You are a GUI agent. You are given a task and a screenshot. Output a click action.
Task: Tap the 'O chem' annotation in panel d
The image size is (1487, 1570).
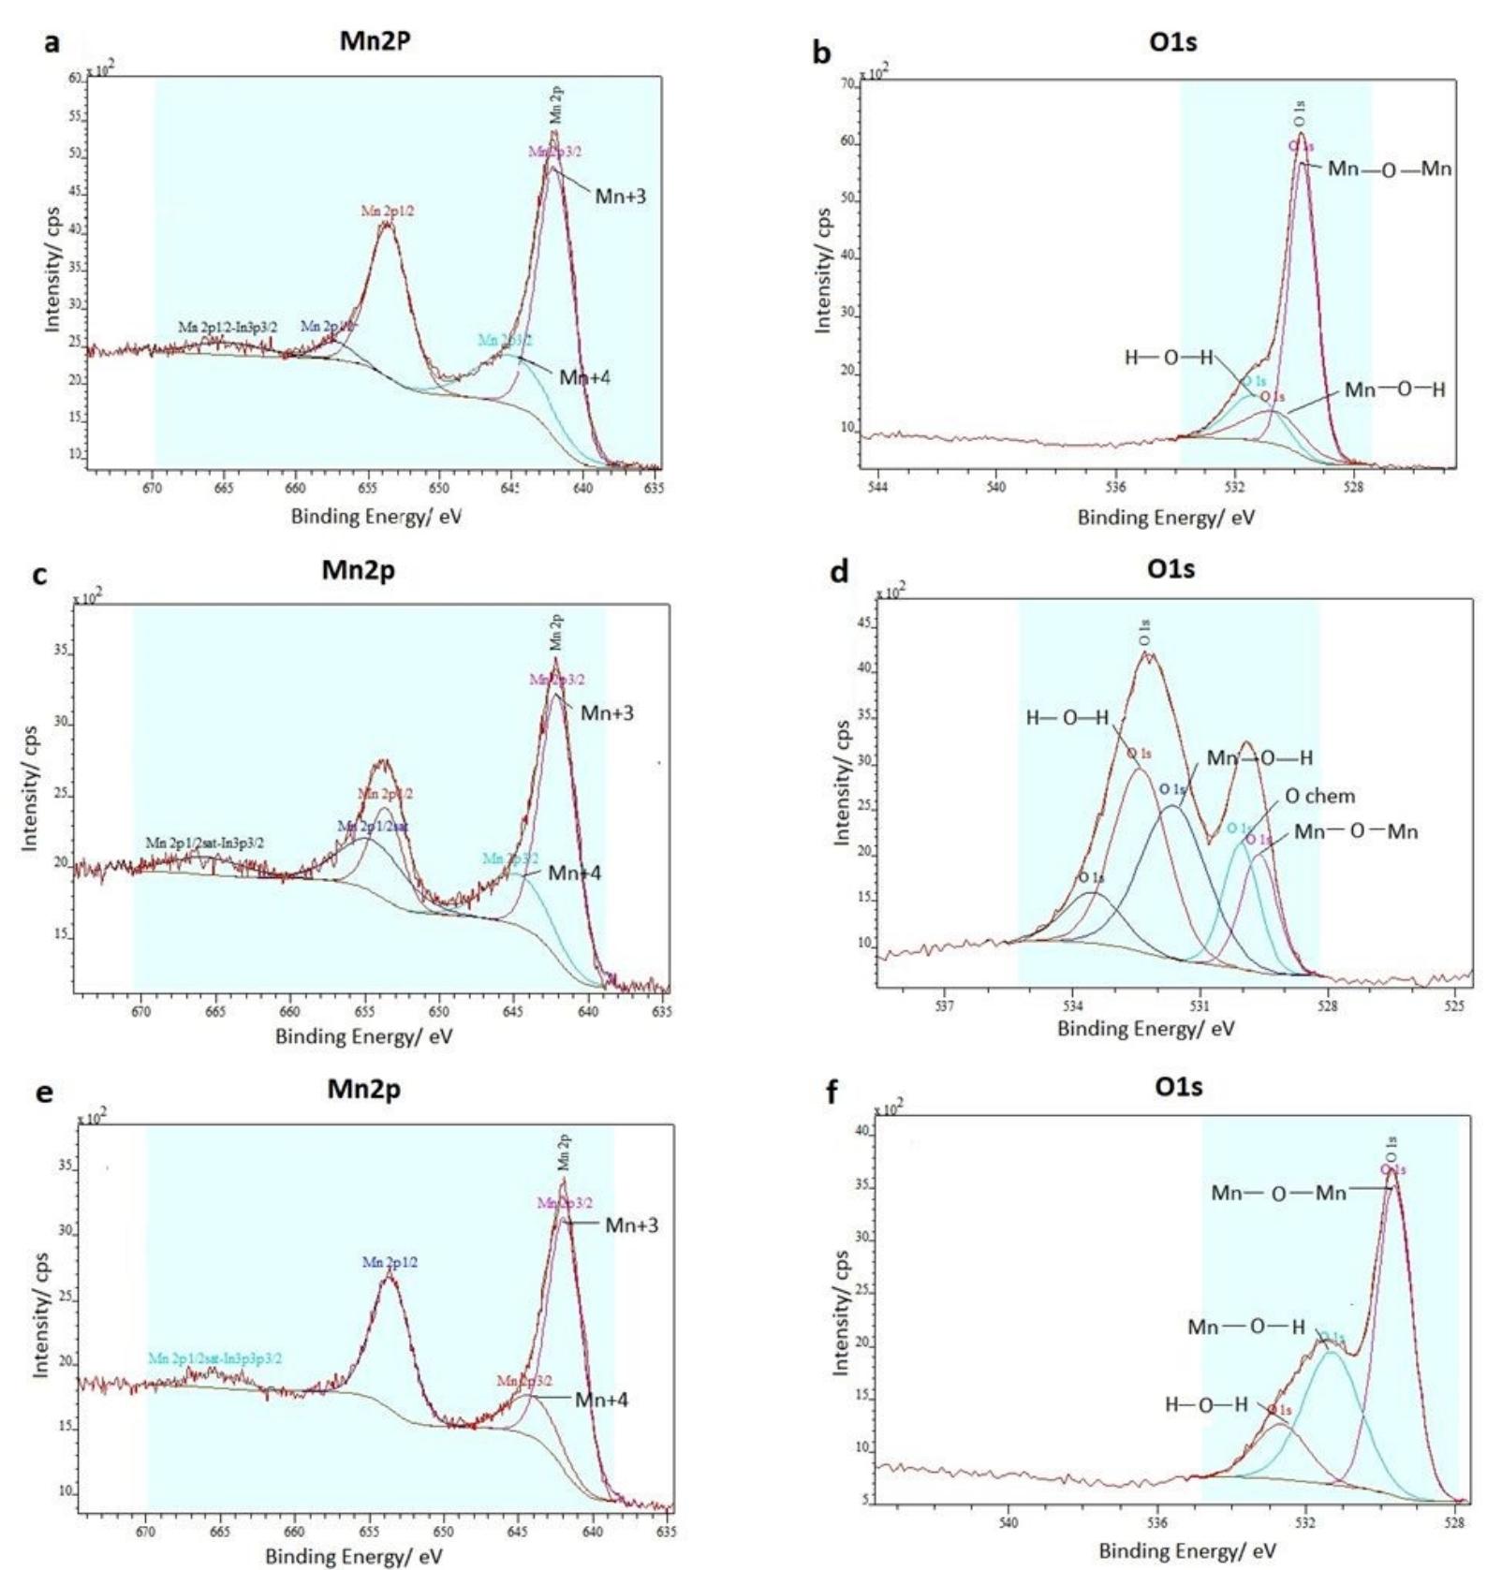pos(1319,797)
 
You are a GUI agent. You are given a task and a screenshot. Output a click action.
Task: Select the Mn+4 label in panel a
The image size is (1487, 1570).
pos(585,377)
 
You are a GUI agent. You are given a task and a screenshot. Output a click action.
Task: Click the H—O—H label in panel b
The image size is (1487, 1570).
pos(1168,358)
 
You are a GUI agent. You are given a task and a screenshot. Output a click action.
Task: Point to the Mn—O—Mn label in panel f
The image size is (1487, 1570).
pos(1278,1193)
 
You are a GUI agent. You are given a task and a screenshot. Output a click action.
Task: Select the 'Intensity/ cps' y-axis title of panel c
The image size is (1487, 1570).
pos(31,787)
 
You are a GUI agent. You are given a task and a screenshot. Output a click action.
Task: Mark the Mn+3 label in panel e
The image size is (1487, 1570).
pos(631,1225)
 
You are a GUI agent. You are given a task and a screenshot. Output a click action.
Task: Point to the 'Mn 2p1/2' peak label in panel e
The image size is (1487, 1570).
pos(390,1263)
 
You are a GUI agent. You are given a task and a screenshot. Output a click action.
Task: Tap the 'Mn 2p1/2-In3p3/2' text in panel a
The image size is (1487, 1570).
pos(228,328)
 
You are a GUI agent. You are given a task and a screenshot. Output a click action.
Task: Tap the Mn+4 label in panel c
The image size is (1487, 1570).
pos(574,873)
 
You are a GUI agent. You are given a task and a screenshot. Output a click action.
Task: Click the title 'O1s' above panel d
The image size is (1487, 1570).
pos(1171,569)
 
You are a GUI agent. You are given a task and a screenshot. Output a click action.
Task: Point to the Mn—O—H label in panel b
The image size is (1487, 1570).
pos(1394,389)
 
